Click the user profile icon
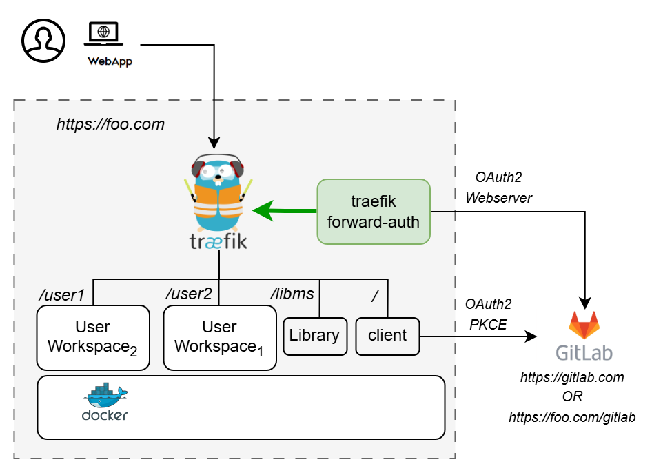pyautogui.click(x=43, y=40)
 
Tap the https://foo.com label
pyautogui.click(x=110, y=125)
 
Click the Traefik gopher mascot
pyautogui.click(x=218, y=193)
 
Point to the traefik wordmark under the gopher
pyautogui.click(x=218, y=242)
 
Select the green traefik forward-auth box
pyautogui.click(x=374, y=212)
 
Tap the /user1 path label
pyautogui.click(x=61, y=295)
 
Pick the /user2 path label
pyautogui.click(x=189, y=294)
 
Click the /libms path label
pyautogui.click(x=292, y=294)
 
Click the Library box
pyautogui.click(x=314, y=336)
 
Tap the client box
pyautogui.click(x=387, y=336)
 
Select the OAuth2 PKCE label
pyautogui.click(x=489, y=314)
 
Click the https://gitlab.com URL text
pyautogui.click(x=572, y=378)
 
